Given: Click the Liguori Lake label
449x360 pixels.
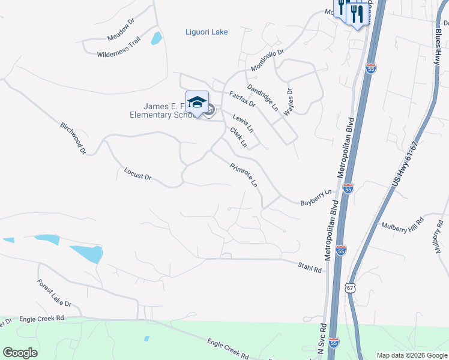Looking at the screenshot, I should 206,32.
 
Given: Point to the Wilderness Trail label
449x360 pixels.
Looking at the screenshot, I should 118,47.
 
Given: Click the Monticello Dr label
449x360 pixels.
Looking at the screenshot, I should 267,60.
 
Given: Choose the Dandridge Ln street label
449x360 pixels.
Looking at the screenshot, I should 263,96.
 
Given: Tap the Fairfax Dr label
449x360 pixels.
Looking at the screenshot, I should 243,99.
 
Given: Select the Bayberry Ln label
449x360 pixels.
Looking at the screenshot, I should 316,199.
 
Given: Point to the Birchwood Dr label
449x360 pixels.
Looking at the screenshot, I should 73,139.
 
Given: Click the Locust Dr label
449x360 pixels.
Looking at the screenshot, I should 137,175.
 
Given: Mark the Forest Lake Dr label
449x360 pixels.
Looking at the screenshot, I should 53,293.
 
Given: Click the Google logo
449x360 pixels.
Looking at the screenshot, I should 20,353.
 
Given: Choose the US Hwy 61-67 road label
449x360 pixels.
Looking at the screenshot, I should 406,165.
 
